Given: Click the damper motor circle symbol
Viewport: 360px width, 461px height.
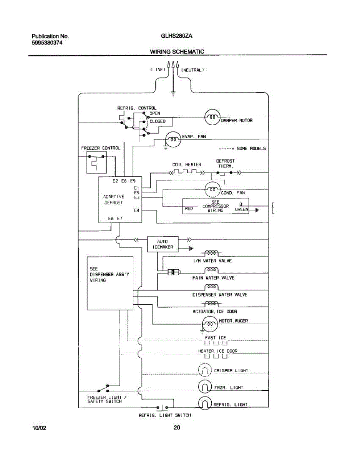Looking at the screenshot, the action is pyautogui.click(x=212, y=117).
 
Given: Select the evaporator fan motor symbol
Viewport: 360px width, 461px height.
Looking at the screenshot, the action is pyautogui.click(x=173, y=139).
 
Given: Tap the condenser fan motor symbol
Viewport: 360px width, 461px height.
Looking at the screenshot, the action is pyautogui.click(x=212, y=189).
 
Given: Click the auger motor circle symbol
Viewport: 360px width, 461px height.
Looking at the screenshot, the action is pyautogui.click(x=210, y=324).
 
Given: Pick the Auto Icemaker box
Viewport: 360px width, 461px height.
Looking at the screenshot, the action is pyautogui.click(x=163, y=244).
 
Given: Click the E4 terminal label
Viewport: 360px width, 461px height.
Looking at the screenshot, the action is pyautogui.click(x=136, y=210).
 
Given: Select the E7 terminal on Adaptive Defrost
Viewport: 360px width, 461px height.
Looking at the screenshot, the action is pyautogui.click(x=120, y=218).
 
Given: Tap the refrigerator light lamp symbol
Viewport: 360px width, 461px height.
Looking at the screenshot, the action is pyautogui.click(x=205, y=403).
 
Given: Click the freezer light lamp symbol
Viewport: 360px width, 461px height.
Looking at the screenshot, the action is pyautogui.click(x=205, y=386).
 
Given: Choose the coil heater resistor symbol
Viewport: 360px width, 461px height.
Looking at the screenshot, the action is pyautogui.click(x=187, y=172).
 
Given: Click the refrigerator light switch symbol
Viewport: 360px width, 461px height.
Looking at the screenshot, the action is pyautogui.click(x=162, y=408).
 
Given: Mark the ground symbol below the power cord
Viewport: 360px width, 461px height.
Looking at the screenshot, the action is pyautogui.click(x=173, y=94).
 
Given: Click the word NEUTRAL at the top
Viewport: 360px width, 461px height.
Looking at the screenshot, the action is pyautogui.click(x=192, y=70).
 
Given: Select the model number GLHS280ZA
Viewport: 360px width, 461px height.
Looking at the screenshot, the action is pyautogui.click(x=176, y=36).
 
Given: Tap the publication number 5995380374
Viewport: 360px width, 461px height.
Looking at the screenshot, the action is pyautogui.click(x=47, y=43).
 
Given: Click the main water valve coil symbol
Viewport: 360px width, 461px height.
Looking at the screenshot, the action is pyautogui.click(x=211, y=270).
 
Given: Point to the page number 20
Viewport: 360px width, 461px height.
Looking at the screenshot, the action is pyautogui.click(x=177, y=428).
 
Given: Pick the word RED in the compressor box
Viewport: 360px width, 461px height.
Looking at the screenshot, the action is pyautogui.click(x=189, y=209).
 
